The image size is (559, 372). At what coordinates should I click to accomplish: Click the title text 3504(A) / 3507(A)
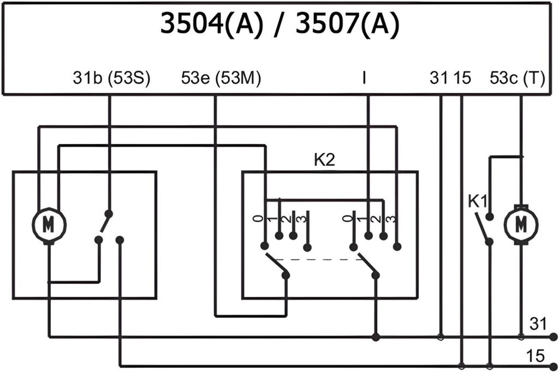click(x=278, y=25)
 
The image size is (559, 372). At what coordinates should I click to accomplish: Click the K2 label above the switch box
click(x=324, y=161)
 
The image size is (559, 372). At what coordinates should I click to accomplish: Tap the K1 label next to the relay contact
click(x=477, y=200)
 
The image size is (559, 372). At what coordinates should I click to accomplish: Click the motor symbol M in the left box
click(x=49, y=224)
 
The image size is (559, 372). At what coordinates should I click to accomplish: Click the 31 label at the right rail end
click(x=538, y=325)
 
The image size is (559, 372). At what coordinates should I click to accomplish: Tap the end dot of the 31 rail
click(x=554, y=337)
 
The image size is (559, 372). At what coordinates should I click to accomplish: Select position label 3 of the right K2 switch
click(x=391, y=219)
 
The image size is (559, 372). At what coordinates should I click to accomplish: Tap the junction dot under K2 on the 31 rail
click(x=376, y=337)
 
